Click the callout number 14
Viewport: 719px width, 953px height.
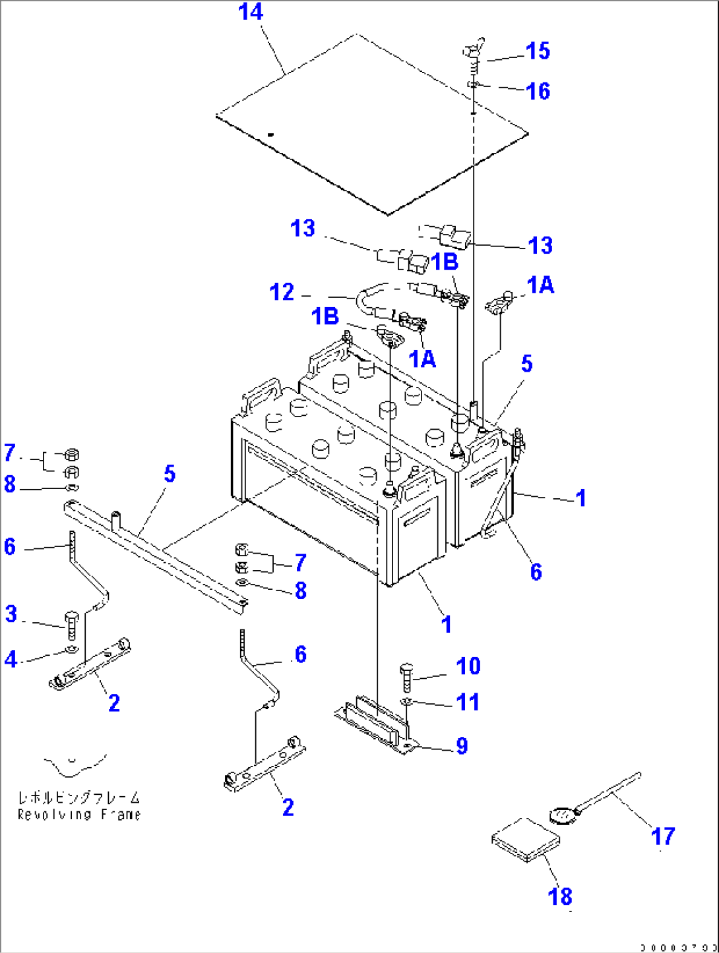[x=251, y=12]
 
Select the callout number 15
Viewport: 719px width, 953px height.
[x=538, y=51]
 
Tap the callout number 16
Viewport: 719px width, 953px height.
[x=538, y=91]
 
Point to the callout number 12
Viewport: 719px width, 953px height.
[x=282, y=292]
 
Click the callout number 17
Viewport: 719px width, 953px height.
[x=663, y=836]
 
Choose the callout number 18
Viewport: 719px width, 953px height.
[x=560, y=896]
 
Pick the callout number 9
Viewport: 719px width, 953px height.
[x=462, y=746]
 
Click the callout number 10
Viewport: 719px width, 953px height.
[x=468, y=666]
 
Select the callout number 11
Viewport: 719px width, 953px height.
[x=468, y=702]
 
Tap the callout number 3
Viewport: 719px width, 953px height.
[x=11, y=614]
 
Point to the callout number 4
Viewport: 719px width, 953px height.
[x=11, y=658]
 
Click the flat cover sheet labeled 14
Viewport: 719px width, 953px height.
[x=373, y=125]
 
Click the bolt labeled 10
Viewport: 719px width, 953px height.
[x=406, y=678]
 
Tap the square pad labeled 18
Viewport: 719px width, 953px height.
[x=526, y=840]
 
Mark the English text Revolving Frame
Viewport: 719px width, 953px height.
[x=79, y=815]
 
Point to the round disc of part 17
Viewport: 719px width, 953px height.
[x=562, y=816]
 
